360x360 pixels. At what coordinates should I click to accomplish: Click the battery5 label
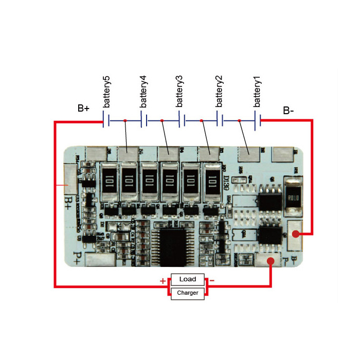coord(106,92)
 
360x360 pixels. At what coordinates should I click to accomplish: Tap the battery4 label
coord(143,92)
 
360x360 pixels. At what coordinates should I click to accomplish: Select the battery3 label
coord(179,92)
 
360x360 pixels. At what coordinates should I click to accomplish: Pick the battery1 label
coord(258,92)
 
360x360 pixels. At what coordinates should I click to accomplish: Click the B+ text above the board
coord(83,108)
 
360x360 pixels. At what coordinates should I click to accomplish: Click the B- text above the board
coord(289,111)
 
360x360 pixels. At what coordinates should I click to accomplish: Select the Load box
coord(188,279)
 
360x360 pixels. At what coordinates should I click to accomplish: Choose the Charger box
coord(188,293)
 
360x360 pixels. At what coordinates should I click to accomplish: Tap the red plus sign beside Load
coord(163,281)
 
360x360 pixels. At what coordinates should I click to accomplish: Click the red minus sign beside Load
coord(212,281)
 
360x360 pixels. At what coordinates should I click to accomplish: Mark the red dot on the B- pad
coord(296,234)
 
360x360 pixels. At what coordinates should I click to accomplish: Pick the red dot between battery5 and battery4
coord(125,121)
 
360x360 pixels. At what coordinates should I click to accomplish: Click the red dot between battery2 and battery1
coord(240,121)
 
